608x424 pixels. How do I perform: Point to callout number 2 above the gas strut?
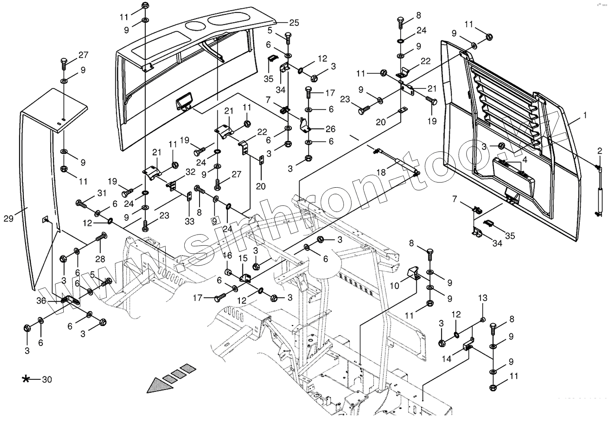pos(600,151)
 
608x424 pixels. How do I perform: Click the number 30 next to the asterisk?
pos(47,379)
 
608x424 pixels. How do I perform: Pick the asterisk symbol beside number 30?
pos(26,379)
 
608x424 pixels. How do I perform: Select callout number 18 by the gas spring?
pos(381,173)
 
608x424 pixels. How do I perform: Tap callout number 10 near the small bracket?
pos(395,286)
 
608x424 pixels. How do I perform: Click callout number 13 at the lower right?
pos(483,298)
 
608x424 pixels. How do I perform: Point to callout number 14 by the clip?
pos(447,359)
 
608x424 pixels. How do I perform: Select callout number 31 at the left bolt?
pos(101,193)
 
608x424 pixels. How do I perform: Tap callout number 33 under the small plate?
pos(189,221)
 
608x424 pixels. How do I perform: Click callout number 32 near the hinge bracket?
pos(190,172)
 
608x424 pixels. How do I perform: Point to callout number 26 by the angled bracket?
pos(330,129)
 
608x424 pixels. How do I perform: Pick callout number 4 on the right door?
pos(524,160)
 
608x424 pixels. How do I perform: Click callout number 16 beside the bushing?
pos(227,256)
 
